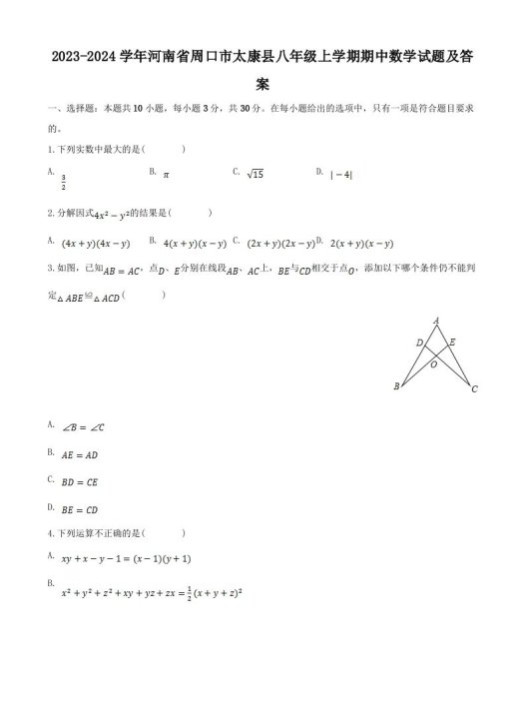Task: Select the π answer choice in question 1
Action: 167,174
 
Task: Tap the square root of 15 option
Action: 255,174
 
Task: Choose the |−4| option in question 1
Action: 341,174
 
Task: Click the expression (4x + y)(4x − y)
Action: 96,243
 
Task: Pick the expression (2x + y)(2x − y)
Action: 279,243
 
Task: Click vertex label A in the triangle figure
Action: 436,320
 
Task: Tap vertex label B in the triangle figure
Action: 397,386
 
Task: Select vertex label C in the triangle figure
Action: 474,389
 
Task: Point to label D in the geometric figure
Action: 419,343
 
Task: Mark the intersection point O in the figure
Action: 433,364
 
